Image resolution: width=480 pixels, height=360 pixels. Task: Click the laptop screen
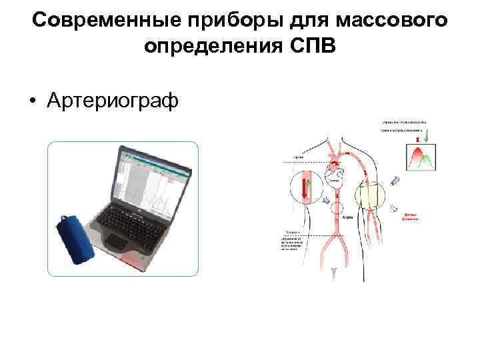[x=149, y=177]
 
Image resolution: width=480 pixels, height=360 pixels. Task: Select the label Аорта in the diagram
[x=347, y=217]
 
